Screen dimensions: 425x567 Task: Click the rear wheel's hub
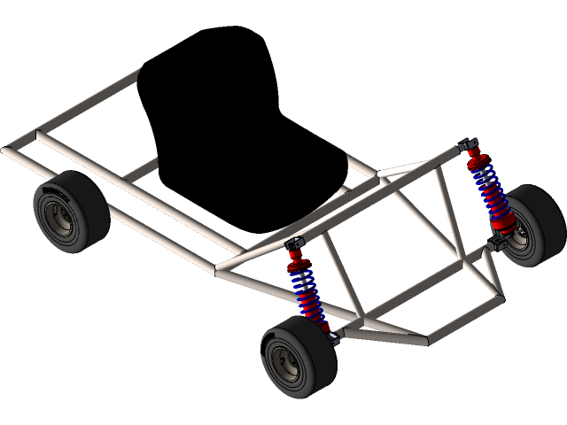(61, 219)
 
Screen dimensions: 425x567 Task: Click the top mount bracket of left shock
(294, 244)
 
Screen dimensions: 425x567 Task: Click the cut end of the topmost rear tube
(137, 73)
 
